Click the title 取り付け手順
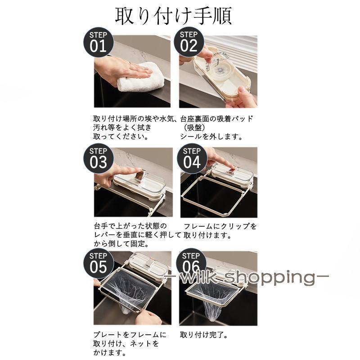click(x=173, y=16)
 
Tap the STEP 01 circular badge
click(x=98, y=43)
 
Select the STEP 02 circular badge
click(x=189, y=42)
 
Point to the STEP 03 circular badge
click(x=98, y=159)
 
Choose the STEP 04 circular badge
click(x=192, y=159)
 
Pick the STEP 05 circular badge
click(x=98, y=264)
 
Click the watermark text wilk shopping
click(x=247, y=277)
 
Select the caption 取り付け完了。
click(x=204, y=335)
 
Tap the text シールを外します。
click(x=211, y=137)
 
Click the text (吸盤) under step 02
click(x=194, y=127)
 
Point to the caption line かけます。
click(x=110, y=352)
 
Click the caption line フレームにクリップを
click(x=220, y=226)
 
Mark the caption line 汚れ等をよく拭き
click(x=122, y=127)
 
